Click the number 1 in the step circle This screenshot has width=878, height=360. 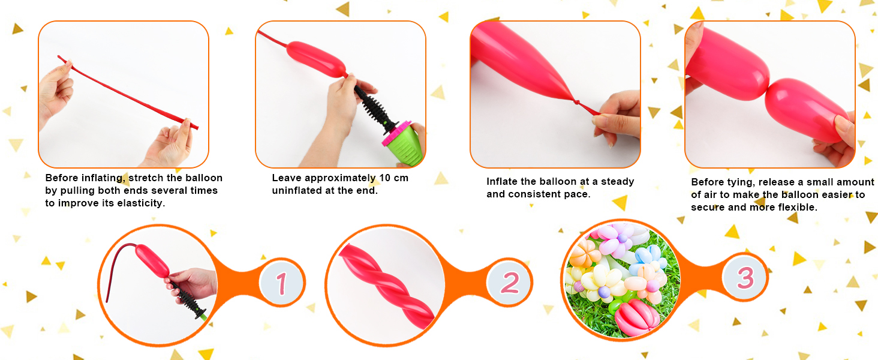(x=282, y=283)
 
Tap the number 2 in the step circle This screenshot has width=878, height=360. (x=510, y=283)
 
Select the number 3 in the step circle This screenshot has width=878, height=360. (x=745, y=278)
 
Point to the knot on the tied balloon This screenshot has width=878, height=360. (x=576, y=103)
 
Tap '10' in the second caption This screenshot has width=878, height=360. (x=384, y=178)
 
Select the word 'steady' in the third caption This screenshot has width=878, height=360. (x=617, y=182)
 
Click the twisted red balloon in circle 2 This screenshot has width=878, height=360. (x=386, y=286)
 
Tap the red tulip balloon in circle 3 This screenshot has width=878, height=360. (x=637, y=317)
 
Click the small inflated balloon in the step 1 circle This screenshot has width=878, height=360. (x=152, y=260)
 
